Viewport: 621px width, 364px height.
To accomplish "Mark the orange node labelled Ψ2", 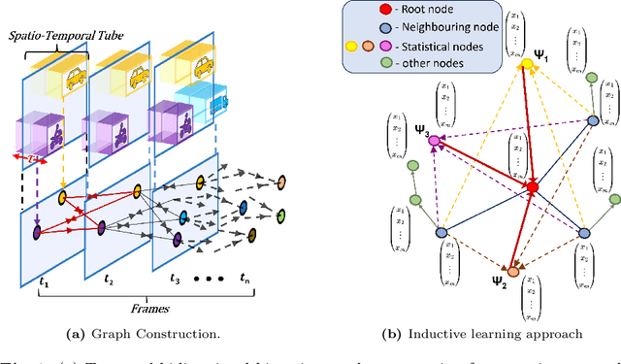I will click(511, 271).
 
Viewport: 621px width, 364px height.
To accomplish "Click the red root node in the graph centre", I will click(531, 185).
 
